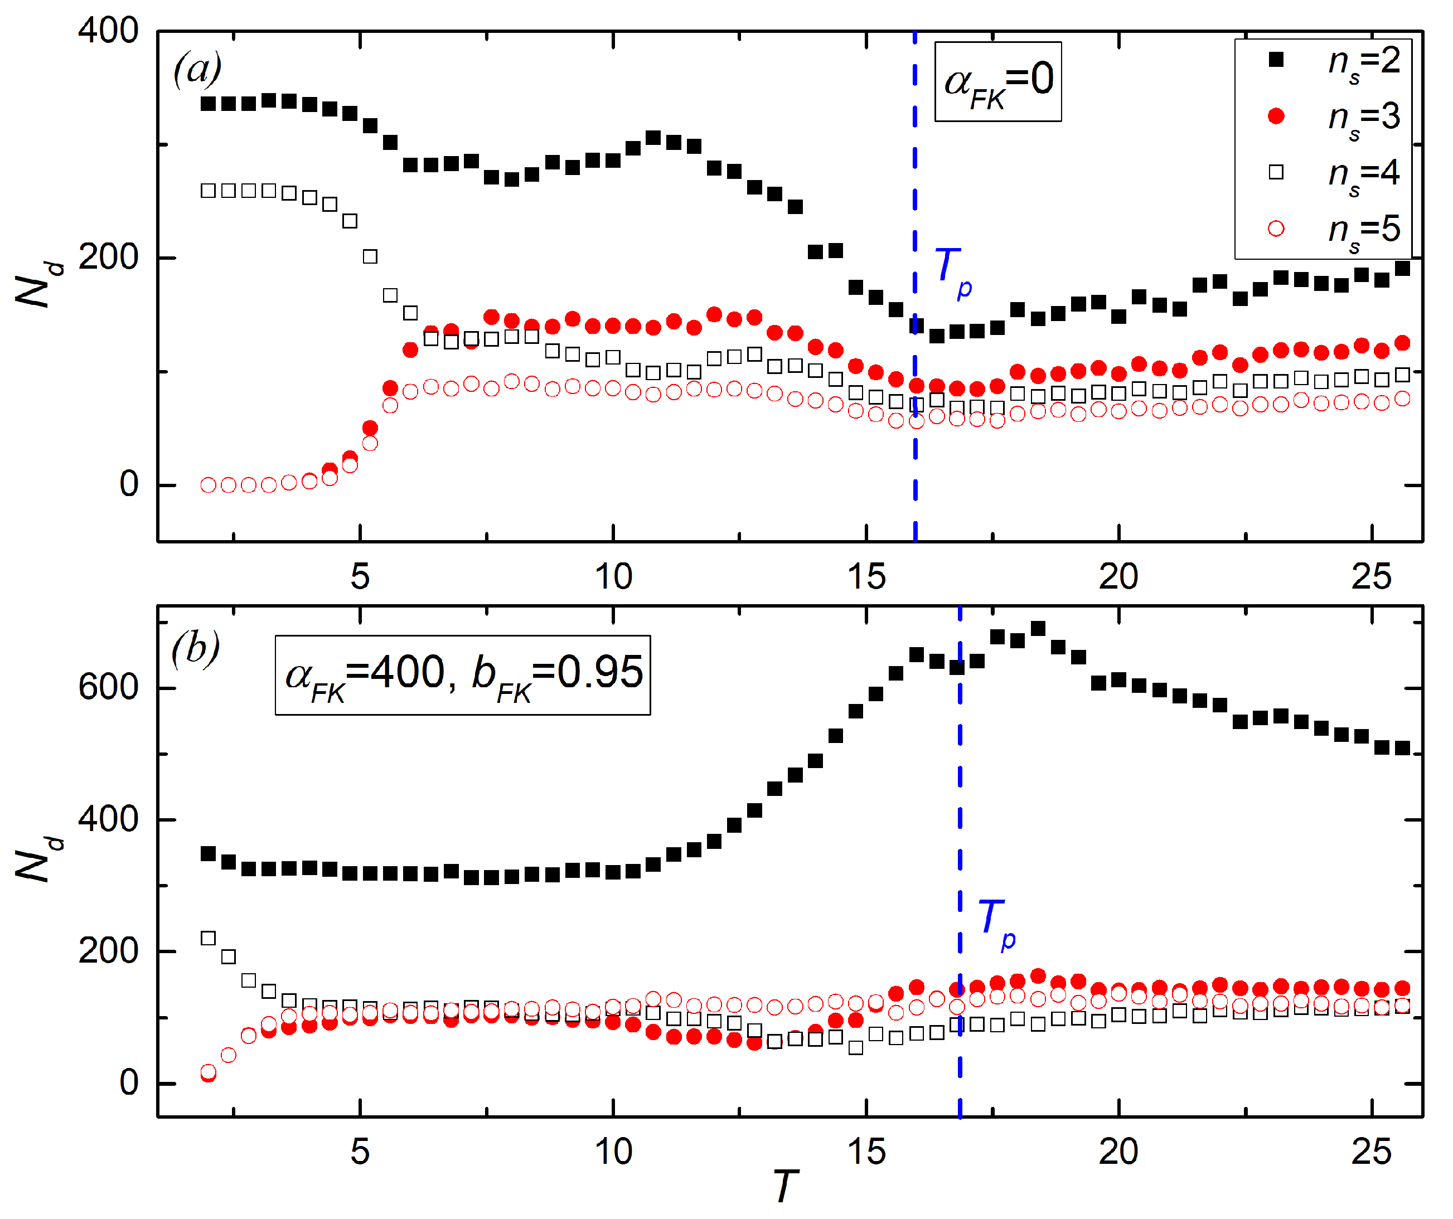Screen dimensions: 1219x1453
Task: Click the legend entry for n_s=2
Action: point(1336,61)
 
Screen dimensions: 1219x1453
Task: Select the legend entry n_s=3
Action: point(1336,118)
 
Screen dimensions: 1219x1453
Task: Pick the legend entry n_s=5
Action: point(1336,230)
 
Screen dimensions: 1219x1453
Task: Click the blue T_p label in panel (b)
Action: point(996,924)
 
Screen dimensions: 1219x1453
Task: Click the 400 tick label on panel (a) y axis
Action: point(108,31)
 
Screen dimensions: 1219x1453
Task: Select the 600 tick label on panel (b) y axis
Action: point(108,688)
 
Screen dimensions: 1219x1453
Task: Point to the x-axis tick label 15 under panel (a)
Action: point(866,576)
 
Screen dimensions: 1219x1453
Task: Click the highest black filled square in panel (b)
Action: point(1038,628)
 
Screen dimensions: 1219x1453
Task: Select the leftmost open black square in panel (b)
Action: point(209,938)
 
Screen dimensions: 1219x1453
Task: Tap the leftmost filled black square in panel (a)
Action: point(209,104)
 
